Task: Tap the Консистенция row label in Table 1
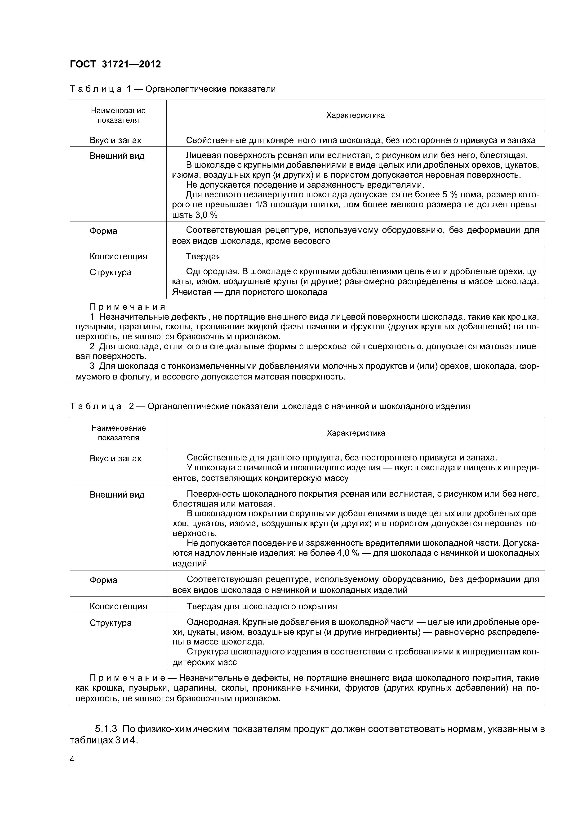click(118, 256)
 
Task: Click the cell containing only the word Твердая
click(203, 256)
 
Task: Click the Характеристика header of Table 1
click(355, 115)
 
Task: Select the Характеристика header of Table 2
click(356, 433)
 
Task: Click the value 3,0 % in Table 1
click(204, 215)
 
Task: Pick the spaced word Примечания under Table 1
click(127, 307)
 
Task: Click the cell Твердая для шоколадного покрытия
click(262, 606)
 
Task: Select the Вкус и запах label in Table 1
click(115, 140)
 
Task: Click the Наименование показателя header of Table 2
click(118, 433)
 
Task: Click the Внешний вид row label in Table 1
click(117, 156)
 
